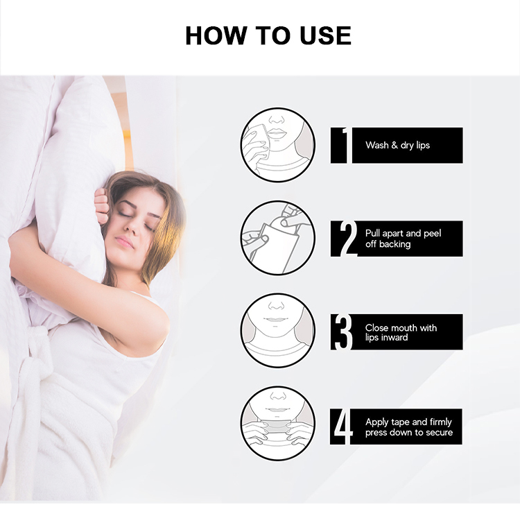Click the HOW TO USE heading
point(268,35)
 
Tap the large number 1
point(340,146)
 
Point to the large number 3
point(343,332)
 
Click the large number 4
point(343,427)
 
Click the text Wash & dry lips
point(398,146)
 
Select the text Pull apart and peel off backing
point(403,239)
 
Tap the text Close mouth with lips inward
point(401,332)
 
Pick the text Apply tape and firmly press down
point(408,427)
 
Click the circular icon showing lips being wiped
point(277,145)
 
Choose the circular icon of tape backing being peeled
point(277,238)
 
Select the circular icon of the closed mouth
point(277,331)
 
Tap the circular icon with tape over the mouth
point(277,424)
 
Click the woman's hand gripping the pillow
point(101,206)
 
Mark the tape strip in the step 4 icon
point(277,426)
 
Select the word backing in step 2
point(395,244)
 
